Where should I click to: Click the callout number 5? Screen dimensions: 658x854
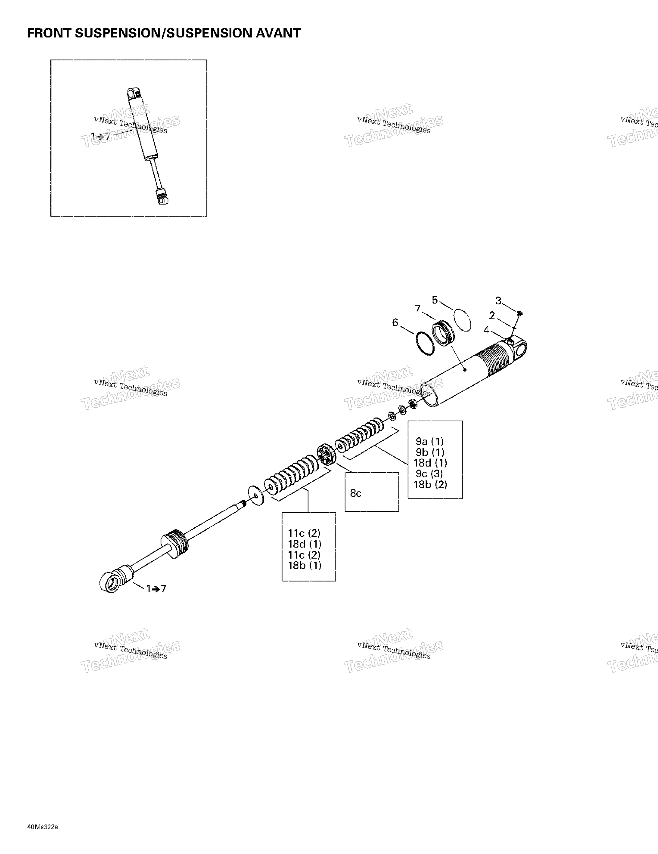(x=435, y=300)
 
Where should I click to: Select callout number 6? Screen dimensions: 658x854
(x=395, y=323)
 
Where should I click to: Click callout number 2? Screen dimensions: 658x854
(x=492, y=315)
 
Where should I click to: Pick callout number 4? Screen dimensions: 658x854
(x=486, y=330)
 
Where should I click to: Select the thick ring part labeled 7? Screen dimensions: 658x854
(x=443, y=333)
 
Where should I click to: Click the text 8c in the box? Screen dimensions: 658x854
(x=356, y=493)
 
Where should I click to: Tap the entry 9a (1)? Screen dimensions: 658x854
(x=430, y=442)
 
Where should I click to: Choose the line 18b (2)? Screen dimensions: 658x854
(x=430, y=484)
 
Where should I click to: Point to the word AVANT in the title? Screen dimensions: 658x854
(x=278, y=33)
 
